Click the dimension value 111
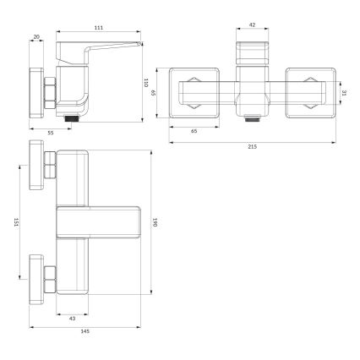pos(99,29)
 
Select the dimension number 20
pos(35,35)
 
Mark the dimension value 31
pos(344,93)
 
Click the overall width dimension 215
pos(252,147)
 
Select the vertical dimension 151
pos(17,221)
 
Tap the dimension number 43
pos(72,318)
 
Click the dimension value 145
pos(85,330)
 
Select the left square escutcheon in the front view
pos(199,92)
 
